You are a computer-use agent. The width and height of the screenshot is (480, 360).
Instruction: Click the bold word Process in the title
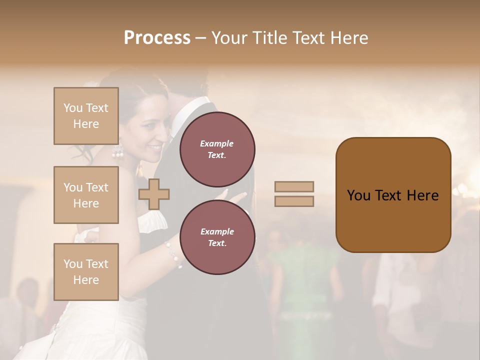(x=157, y=38)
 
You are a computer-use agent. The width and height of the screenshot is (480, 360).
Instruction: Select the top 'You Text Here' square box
(x=86, y=116)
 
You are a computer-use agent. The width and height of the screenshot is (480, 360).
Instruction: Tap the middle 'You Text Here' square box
(x=86, y=195)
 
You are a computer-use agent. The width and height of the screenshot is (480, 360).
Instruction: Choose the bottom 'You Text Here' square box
(x=86, y=271)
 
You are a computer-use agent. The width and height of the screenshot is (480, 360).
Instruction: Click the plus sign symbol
(x=154, y=194)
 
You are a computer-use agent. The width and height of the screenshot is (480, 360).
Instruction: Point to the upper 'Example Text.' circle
(x=217, y=149)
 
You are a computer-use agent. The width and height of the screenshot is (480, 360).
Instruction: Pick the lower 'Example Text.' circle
(x=217, y=237)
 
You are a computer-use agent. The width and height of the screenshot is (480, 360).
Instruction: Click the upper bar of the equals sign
(x=294, y=186)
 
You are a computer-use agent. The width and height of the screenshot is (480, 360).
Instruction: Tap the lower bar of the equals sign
(x=294, y=201)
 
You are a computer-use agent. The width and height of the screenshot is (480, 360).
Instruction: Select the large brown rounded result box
(x=393, y=195)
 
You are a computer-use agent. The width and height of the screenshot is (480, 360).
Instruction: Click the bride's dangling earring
(x=118, y=150)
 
